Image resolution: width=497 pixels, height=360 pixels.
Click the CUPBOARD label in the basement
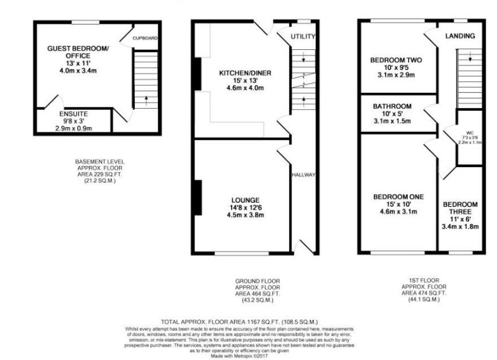pyautogui.click(x=145, y=38)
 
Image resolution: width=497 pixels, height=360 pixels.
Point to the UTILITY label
pyautogui.click(x=303, y=37)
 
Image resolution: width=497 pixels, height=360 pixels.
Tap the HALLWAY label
pyautogui.click(x=304, y=175)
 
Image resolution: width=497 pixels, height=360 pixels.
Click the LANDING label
pyautogui.click(x=460, y=36)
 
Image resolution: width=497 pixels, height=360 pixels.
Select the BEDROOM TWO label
pyautogui.click(x=395, y=60)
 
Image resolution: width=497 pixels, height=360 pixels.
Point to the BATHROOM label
pyautogui.click(x=393, y=107)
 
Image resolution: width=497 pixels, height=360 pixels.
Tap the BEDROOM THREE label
pyautogui.click(x=460, y=208)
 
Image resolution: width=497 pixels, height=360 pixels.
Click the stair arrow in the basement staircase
pyautogui.click(x=145, y=98)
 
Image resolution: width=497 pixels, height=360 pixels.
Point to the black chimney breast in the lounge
pyautogui.click(x=198, y=198)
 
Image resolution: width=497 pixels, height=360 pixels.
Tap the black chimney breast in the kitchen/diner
pyautogui.click(x=197, y=74)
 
